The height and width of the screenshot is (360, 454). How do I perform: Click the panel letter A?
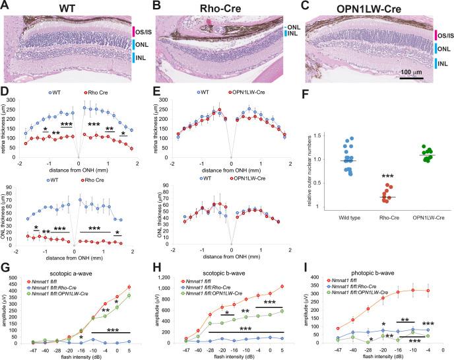[6, 7]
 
